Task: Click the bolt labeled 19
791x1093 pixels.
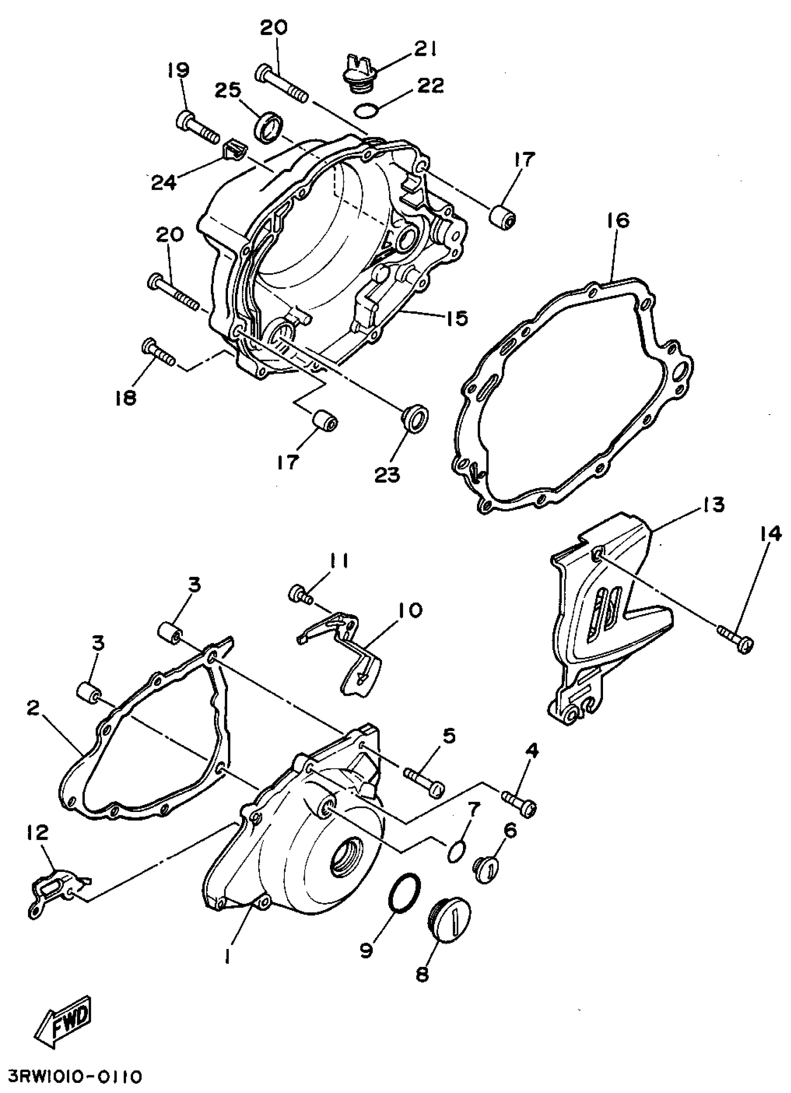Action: tap(198, 125)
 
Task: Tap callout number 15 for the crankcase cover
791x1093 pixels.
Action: tap(456, 319)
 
